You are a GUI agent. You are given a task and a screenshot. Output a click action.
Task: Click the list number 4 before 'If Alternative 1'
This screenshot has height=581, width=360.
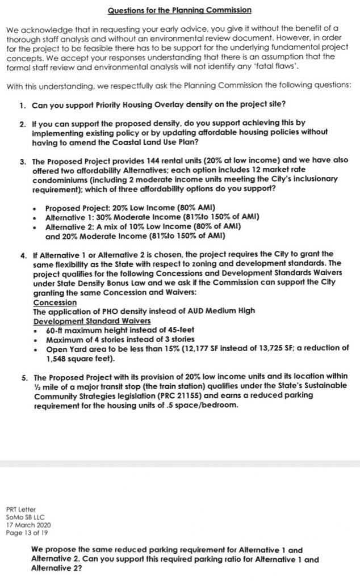22,254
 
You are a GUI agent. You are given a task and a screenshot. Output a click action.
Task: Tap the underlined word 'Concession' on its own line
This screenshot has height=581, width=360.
55,302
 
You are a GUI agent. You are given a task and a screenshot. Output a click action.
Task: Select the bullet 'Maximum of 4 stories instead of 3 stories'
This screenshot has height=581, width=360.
120,340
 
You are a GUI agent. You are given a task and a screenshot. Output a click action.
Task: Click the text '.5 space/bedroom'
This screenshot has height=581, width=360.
193,405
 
